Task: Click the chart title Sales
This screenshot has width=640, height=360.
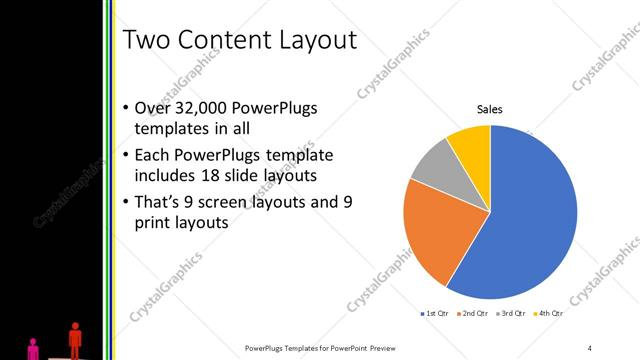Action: point(489,109)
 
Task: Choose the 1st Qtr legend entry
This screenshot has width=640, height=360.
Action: point(434,314)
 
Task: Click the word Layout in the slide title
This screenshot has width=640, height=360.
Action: point(312,41)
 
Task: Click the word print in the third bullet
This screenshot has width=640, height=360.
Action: point(153,222)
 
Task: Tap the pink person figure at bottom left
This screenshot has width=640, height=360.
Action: point(33,348)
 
